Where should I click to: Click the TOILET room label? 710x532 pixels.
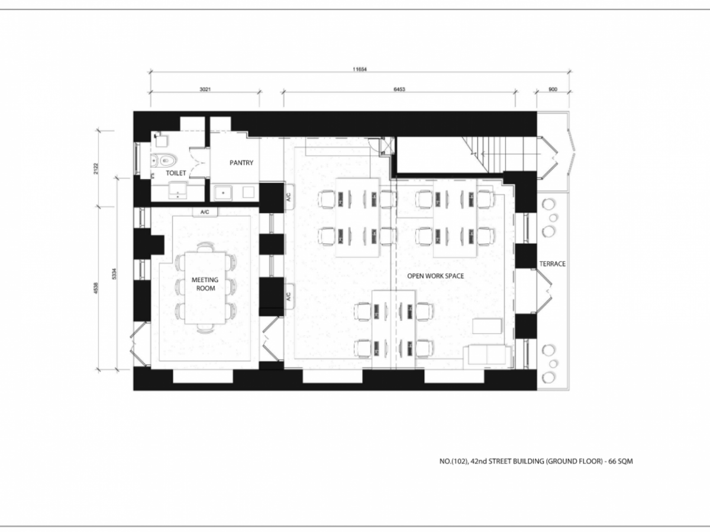[176, 173]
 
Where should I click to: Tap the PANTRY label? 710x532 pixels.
[241, 163]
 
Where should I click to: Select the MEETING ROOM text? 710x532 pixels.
[205, 284]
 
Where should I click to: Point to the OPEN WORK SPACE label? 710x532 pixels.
[435, 276]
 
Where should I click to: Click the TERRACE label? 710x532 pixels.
[553, 264]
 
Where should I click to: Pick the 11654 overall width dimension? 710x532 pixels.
[360, 69]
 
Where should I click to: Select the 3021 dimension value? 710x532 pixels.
[205, 89]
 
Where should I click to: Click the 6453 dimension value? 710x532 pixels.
[399, 89]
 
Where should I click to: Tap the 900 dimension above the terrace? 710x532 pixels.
[553, 89]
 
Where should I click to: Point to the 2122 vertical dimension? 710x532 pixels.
[96, 169]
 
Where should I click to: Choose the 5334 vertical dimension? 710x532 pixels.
[114, 274]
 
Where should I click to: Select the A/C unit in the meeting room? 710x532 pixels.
[205, 212]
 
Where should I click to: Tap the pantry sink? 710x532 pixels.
[223, 193]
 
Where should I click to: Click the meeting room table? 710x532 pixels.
[205, 288]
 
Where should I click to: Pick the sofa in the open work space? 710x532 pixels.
[487, 356]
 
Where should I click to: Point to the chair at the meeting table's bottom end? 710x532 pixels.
[205, 328]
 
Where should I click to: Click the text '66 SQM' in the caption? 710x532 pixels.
[621, 461]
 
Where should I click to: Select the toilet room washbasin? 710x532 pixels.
[177, 190]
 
